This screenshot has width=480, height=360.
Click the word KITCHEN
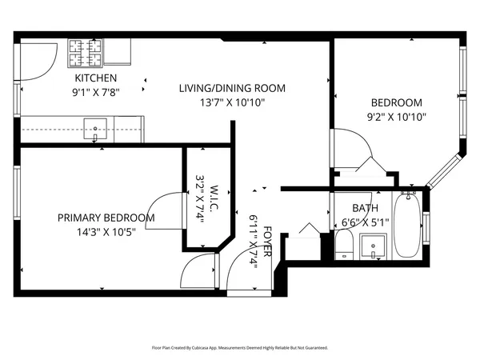(x=96, y=78)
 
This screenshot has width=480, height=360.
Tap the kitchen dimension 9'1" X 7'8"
(x=96, y=92)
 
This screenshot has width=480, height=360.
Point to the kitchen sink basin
(x=98, y=126)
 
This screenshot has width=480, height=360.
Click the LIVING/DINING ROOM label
(x=232, y=88)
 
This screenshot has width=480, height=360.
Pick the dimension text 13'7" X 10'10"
(x=232, y=102)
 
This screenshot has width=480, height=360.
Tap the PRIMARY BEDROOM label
(x=106, y=218)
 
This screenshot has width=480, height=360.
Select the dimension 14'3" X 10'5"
(x=106, y=233)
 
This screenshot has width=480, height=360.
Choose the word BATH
(x=354, y=208)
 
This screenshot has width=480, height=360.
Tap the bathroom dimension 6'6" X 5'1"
(x=365, y=222)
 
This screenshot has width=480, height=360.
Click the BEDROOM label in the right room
(x=395, y=102)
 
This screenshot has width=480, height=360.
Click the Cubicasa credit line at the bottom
(x=240, y=348)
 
